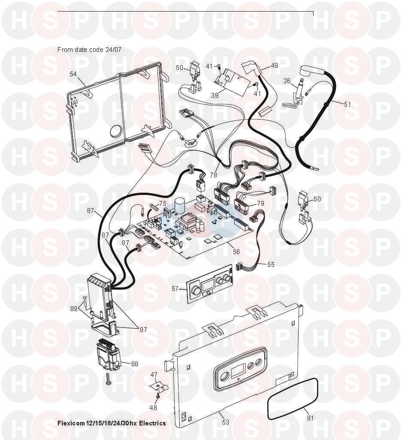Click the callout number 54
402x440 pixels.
click(73, 74)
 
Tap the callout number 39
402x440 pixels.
click(215, 96)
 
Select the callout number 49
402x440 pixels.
click(275, 66)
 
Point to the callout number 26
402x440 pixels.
click(287, 81)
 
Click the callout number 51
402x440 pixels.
click(348, 105)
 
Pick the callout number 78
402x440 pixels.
click(214, 175)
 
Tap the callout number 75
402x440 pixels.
click(163, 204)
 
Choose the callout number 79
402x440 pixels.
click(261, 203)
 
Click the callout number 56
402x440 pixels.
click(236, 252)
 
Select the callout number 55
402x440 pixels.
click(271, 265)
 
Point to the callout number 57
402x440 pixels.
click(175, 288)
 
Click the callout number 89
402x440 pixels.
click(74, 309)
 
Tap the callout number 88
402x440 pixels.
click(135, 364)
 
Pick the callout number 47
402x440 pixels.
click(154, 375)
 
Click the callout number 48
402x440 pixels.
click(153, 408)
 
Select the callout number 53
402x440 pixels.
click(226, 422)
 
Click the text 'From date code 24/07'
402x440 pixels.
click(89, 50)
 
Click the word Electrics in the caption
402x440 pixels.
click(153, 423)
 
